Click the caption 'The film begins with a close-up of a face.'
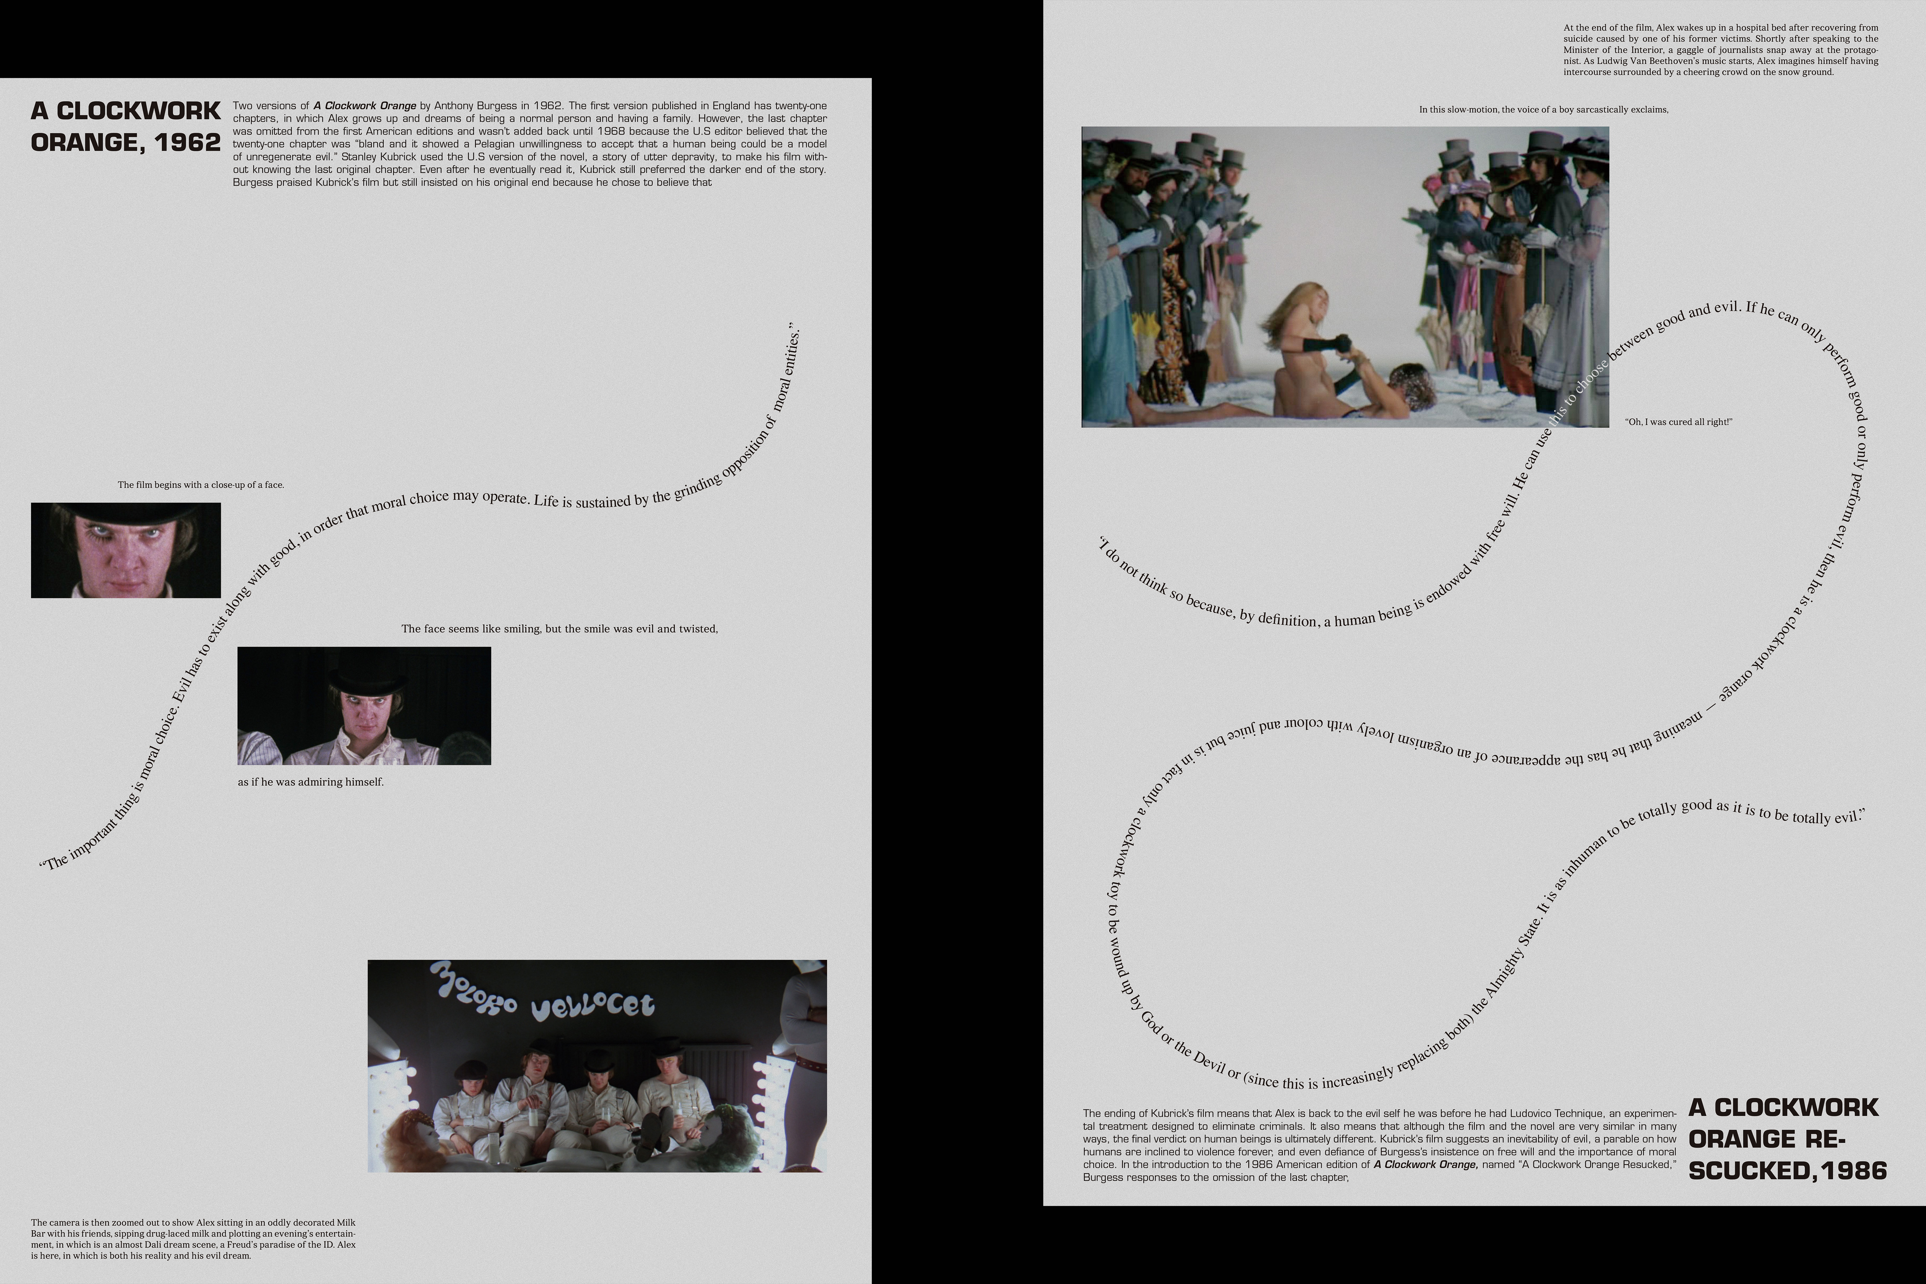201,485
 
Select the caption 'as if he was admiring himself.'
311,782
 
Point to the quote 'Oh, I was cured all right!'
1679,422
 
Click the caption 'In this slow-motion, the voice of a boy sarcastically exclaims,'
1544,109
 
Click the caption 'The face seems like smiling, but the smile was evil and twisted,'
559,629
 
